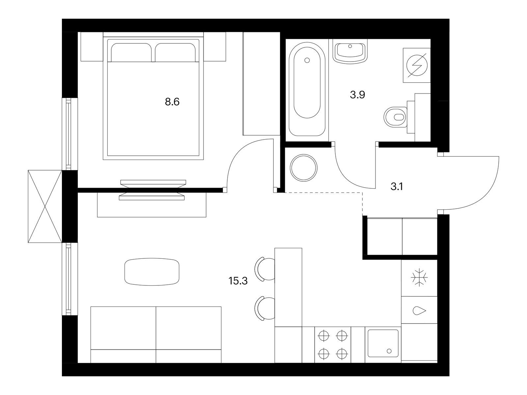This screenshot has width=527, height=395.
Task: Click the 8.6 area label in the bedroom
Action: point(172,102)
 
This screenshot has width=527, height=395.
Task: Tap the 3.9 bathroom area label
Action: point(357,95)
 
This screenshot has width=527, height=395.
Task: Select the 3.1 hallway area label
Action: point(397,186)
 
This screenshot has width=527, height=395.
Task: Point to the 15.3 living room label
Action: point(238,281)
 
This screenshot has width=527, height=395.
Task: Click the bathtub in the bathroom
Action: point(307,89)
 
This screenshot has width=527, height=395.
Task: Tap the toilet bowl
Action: point(396,117)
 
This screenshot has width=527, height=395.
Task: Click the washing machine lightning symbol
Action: point(417,66)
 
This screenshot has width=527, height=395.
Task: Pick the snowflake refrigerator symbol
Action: point(419,278)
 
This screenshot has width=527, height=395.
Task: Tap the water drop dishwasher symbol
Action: point(419,311)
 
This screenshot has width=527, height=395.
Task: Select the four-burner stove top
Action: point(333,344)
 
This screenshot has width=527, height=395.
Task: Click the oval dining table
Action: point(152,272)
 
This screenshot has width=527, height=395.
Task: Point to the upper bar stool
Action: point(265,269)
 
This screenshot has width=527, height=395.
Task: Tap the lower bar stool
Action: point(265,308)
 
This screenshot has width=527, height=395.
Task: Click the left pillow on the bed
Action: point(131,52)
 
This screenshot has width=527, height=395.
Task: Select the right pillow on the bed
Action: point(175,52)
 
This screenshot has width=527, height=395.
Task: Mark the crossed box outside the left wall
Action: point(45,206)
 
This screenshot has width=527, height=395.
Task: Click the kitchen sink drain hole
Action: point(389,351)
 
